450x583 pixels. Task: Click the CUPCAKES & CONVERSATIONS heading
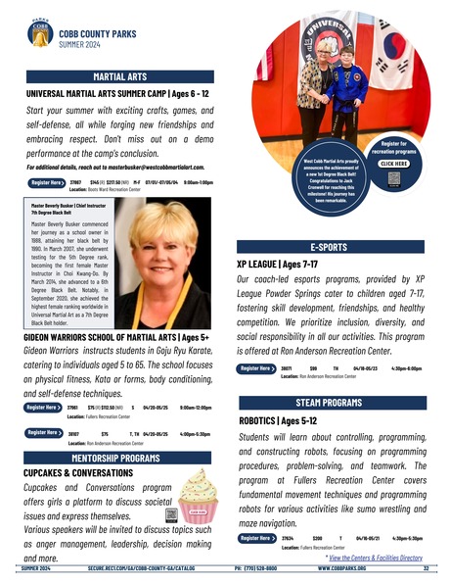click(78, 472)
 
